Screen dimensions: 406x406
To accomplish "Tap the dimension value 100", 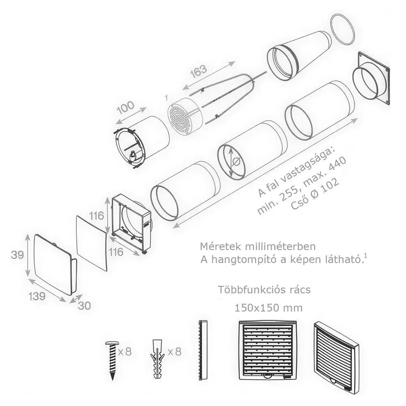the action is tap(126, 108).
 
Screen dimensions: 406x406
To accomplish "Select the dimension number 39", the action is tap(17, 255).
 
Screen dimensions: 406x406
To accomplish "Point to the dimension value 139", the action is tap(37, 296).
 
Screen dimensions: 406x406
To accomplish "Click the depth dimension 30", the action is tap(84, 306).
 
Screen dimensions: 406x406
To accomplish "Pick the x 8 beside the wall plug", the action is tap(175, 352).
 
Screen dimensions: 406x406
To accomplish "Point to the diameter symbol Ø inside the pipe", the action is tap(236, 162).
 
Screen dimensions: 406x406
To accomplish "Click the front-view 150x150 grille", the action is tap(267, 350).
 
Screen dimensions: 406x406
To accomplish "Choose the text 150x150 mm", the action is tap(269, 308).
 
